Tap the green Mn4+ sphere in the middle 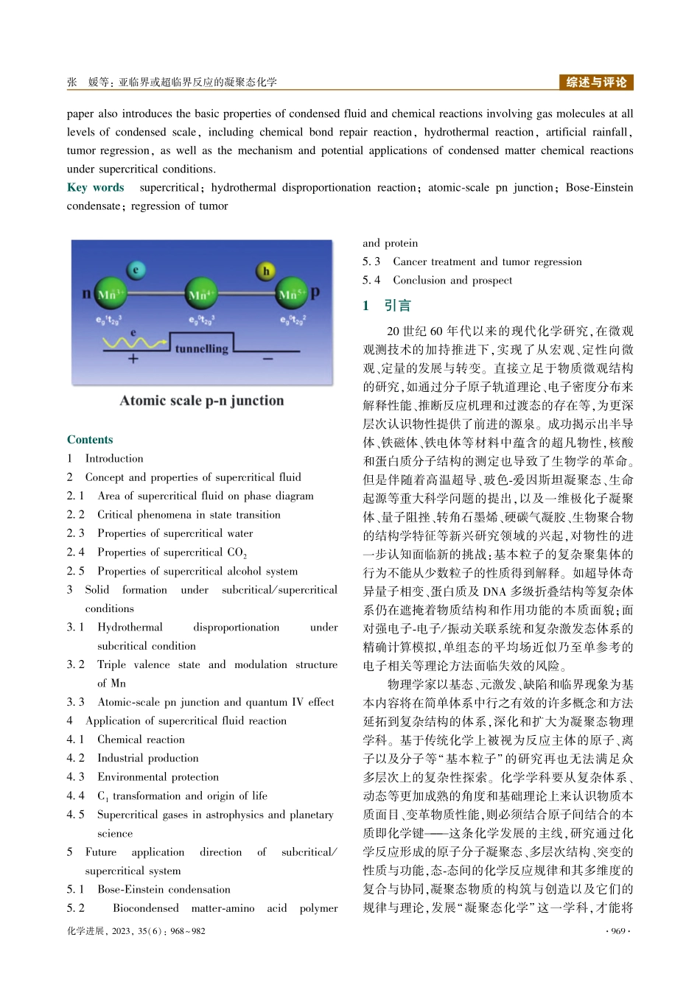pyautogui.click(x=200, y=295)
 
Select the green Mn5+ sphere pyautogui.click(x=292, y=295)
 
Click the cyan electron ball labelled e pyautogui.click(x=136, y=270)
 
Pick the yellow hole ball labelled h pyautogui.click(x=266, y=271)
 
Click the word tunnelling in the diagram pyautogui.click(x=201, y=348)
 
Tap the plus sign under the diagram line pyautogui.click(x=133, y=359)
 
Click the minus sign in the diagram pyautogui.click(x=267, y=359)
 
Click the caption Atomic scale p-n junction pyautogui.click(x=202, y=401)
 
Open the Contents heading pyautogui.click(x=90, y=440)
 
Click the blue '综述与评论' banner pyautogui.click(x=596, y=82)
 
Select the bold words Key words pyautogui.click(x=96, y=187)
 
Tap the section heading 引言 pyautogui.click(x=398, y=306)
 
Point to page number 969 pyautogui.click(x=617, y=931)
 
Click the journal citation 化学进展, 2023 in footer pyautogui.click(x=136, y=931)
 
